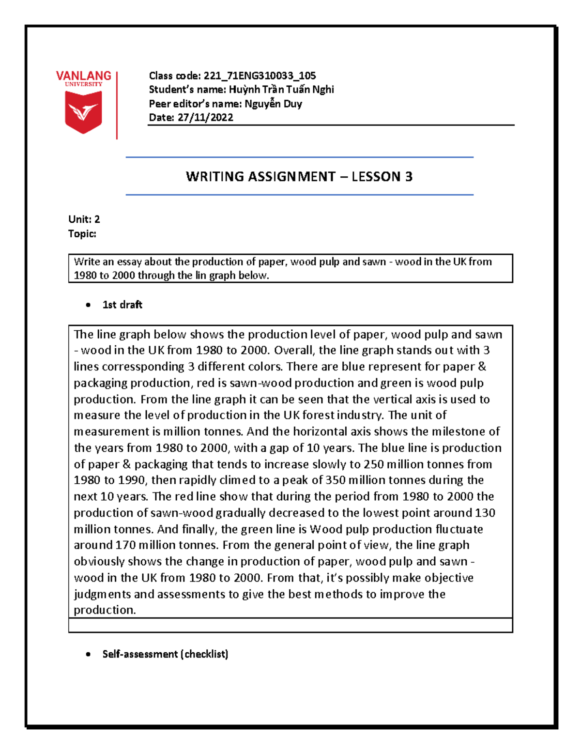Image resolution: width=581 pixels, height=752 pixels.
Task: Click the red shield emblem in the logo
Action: click(83, 112)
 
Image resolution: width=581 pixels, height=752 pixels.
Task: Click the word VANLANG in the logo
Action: click(83, 76)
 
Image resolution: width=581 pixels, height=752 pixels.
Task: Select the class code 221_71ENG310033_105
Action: click(260, 76)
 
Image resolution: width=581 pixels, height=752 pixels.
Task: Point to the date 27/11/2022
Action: click(205, 117)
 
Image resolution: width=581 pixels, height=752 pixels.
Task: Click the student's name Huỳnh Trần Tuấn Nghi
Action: click(281, 90)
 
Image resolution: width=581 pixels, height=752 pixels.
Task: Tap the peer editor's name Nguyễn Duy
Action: click(273, 104)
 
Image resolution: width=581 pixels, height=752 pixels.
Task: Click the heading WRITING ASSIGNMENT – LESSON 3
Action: click(299, 177)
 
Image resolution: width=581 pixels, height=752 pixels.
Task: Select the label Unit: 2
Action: click(84, 219)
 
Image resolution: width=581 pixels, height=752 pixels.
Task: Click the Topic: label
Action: click(82, 234)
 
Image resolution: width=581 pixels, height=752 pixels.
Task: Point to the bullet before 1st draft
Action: click(88, 305)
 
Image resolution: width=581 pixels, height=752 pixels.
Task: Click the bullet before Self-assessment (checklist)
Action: click(88, 655)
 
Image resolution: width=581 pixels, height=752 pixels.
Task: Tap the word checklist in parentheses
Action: click(205, 654)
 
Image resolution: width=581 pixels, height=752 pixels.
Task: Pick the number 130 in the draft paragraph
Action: click(485, 513)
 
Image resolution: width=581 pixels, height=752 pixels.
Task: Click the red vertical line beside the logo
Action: click(117, 106)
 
